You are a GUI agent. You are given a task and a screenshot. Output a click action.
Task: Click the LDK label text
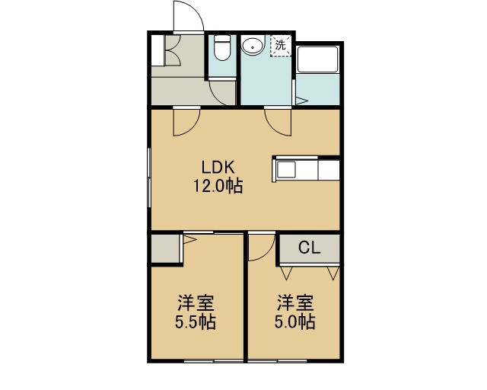[218, 168]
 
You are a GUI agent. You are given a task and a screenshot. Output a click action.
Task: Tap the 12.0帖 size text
[218, 186]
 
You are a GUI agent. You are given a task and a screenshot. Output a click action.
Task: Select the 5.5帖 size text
[196, 322]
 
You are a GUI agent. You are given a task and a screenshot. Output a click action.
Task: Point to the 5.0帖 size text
[294, 322]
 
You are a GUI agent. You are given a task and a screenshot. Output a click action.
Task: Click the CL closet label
[310, 248]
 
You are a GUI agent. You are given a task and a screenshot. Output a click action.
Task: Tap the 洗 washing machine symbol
[281, 46]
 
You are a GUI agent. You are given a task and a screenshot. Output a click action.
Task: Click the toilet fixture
[222, 47]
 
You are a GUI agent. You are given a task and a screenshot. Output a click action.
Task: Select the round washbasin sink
[253, 47]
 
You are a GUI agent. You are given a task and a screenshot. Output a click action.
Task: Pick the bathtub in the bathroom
[317, 59]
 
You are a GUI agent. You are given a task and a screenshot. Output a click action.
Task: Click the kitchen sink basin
[286, 170]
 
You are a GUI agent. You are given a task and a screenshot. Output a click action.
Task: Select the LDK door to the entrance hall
[186, 122]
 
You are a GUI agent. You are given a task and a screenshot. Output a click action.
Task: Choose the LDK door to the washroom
[279, 122]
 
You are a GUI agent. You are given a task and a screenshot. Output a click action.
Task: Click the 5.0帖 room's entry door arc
[262, 247]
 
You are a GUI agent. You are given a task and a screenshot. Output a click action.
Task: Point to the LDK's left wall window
[149, 177]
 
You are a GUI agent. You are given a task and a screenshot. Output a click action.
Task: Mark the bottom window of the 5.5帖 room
[214, 361]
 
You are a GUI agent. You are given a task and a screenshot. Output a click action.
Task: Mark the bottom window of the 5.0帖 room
[278, 361]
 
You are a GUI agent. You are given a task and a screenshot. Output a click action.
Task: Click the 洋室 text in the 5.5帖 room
[196, 303]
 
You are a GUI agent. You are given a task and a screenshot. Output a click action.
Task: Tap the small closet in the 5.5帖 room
[165, 249]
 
